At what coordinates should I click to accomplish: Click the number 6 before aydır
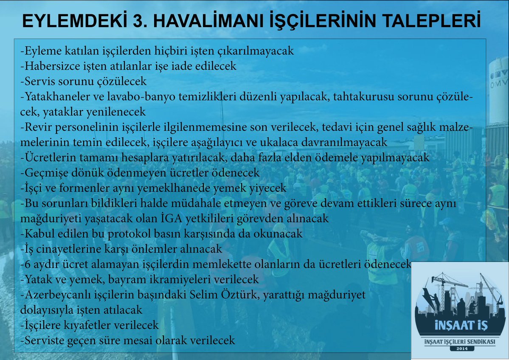click(28, 264)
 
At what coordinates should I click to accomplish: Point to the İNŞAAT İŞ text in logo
click(461, 325)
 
